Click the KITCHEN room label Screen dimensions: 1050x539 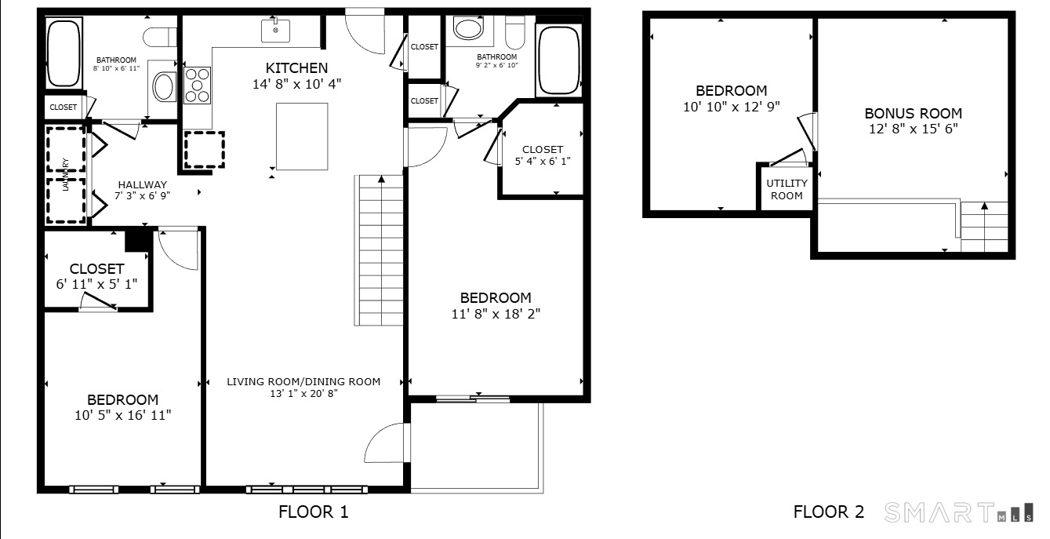[296, 68]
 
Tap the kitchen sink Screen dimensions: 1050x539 [275, 30]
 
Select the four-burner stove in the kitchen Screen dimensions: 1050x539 [197, 86]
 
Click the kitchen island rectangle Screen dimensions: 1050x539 [302, 137]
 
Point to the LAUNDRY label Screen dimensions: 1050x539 [66, 174]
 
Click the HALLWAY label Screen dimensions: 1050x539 [143, 185]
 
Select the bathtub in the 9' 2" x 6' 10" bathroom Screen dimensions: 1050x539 [558, 60]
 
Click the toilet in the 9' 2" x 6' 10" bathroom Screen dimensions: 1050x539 [515, 32]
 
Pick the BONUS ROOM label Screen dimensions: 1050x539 [913, 114]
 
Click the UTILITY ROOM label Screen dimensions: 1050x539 [787, 190]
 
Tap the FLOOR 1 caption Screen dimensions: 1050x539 [314, 512]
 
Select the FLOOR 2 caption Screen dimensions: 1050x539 [828, 512]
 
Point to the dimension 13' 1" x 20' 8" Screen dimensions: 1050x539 [303, 394]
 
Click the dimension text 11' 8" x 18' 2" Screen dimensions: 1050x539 [496, 314]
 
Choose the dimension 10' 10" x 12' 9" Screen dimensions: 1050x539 [732, 107]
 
